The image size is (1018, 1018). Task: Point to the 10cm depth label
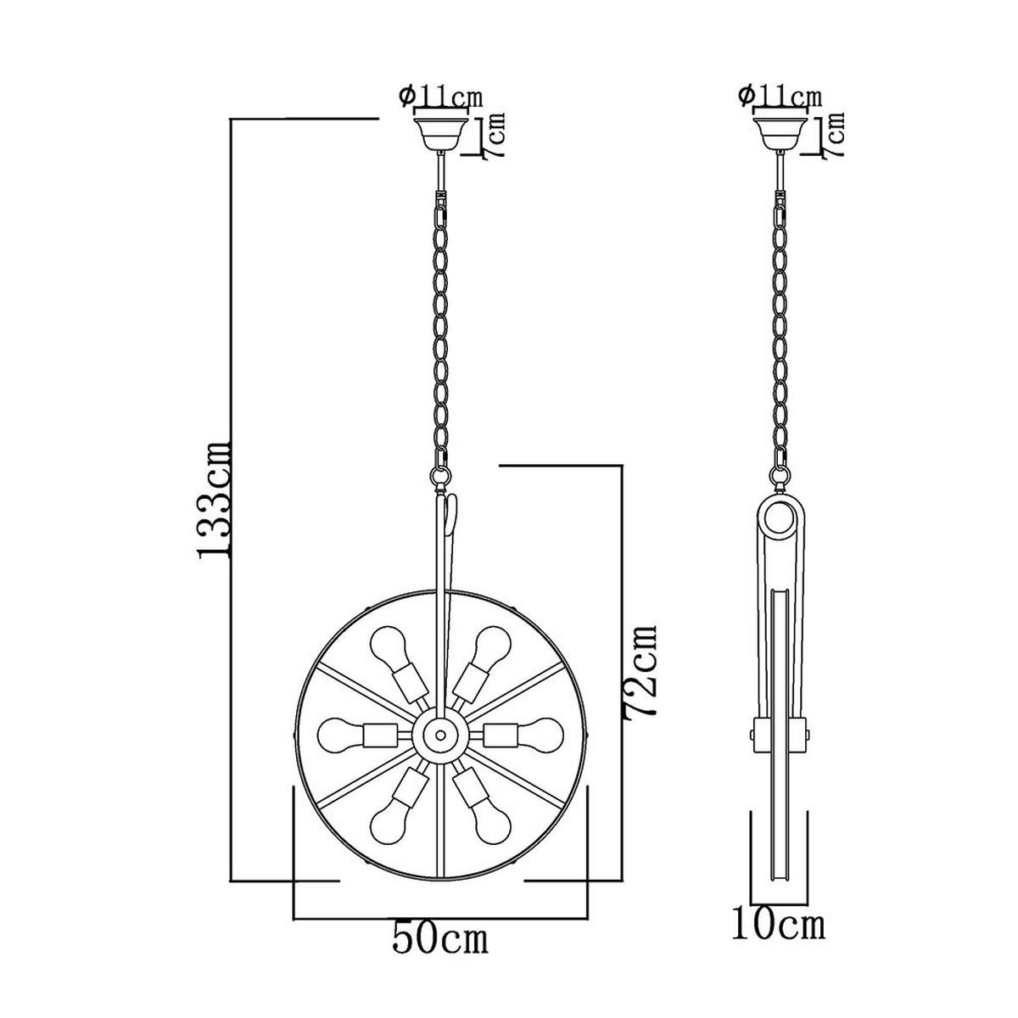pyautogui.click(x=778, y=925)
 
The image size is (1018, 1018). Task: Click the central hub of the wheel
pyautogui.click(x=439, y=731)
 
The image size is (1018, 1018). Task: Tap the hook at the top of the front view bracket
pyautogui.click(x=452, y=509)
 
